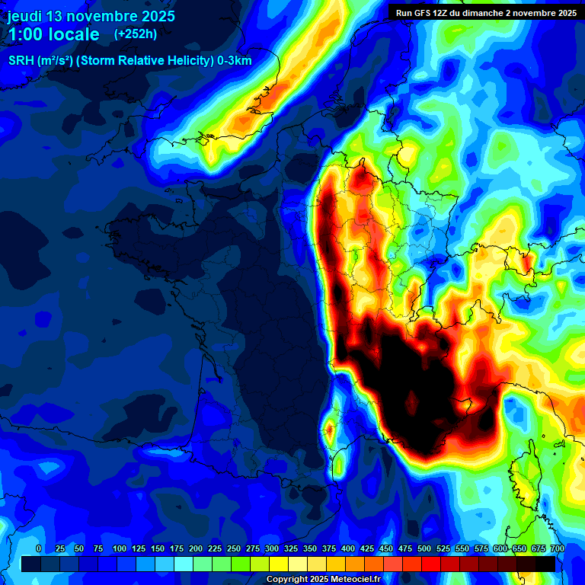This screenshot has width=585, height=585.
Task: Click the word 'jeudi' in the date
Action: pos(25,16)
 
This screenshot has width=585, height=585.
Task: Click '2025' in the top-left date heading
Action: pos(153,16)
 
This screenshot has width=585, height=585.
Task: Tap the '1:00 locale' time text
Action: pos(53,34)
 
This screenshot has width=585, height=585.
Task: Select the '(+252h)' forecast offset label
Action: pos(136,34)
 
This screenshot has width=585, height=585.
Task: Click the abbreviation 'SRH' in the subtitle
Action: pos(21,61)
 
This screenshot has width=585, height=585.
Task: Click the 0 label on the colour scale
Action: pos(39,548)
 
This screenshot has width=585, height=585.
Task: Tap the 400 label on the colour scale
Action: pos(348,548)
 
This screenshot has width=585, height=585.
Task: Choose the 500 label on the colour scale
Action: pos(424,548)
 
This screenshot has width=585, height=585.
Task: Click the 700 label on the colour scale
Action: pos(558,548)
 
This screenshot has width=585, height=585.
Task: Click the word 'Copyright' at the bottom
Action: pos(287,580)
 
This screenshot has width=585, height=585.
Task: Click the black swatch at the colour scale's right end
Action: pos(545,564)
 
